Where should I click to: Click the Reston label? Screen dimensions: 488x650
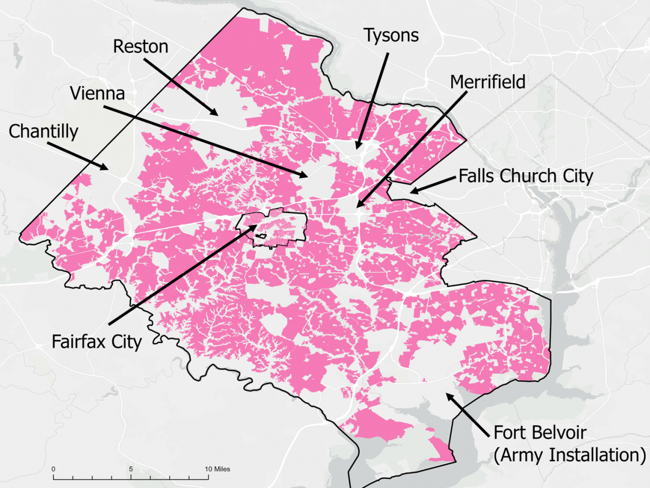[x=141, y=47]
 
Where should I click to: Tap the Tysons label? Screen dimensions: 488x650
[x=391, y=36]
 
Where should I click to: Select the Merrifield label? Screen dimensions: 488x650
[x=487, y=82]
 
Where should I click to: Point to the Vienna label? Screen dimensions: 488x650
[x=97, y=93]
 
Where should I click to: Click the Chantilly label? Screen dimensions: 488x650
[x=44, y=131]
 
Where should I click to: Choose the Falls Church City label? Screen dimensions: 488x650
[x=526, y=176]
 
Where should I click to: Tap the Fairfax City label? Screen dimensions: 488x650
[x=96, y=342]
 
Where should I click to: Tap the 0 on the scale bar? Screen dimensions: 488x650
[x=53, y=468]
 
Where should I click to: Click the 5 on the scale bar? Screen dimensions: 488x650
[x=131, y=468]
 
